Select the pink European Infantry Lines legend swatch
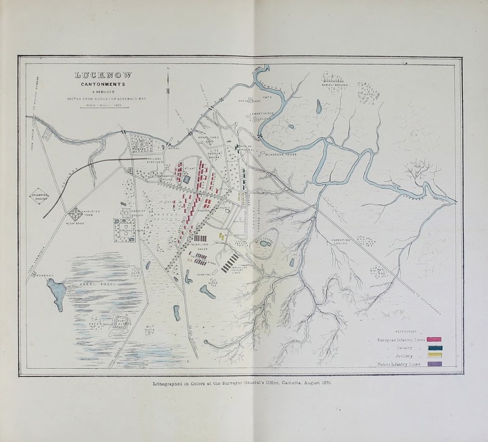434,340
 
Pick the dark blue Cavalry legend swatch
434,348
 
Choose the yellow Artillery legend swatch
434,357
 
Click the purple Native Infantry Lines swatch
434,365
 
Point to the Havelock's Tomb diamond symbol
78,214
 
